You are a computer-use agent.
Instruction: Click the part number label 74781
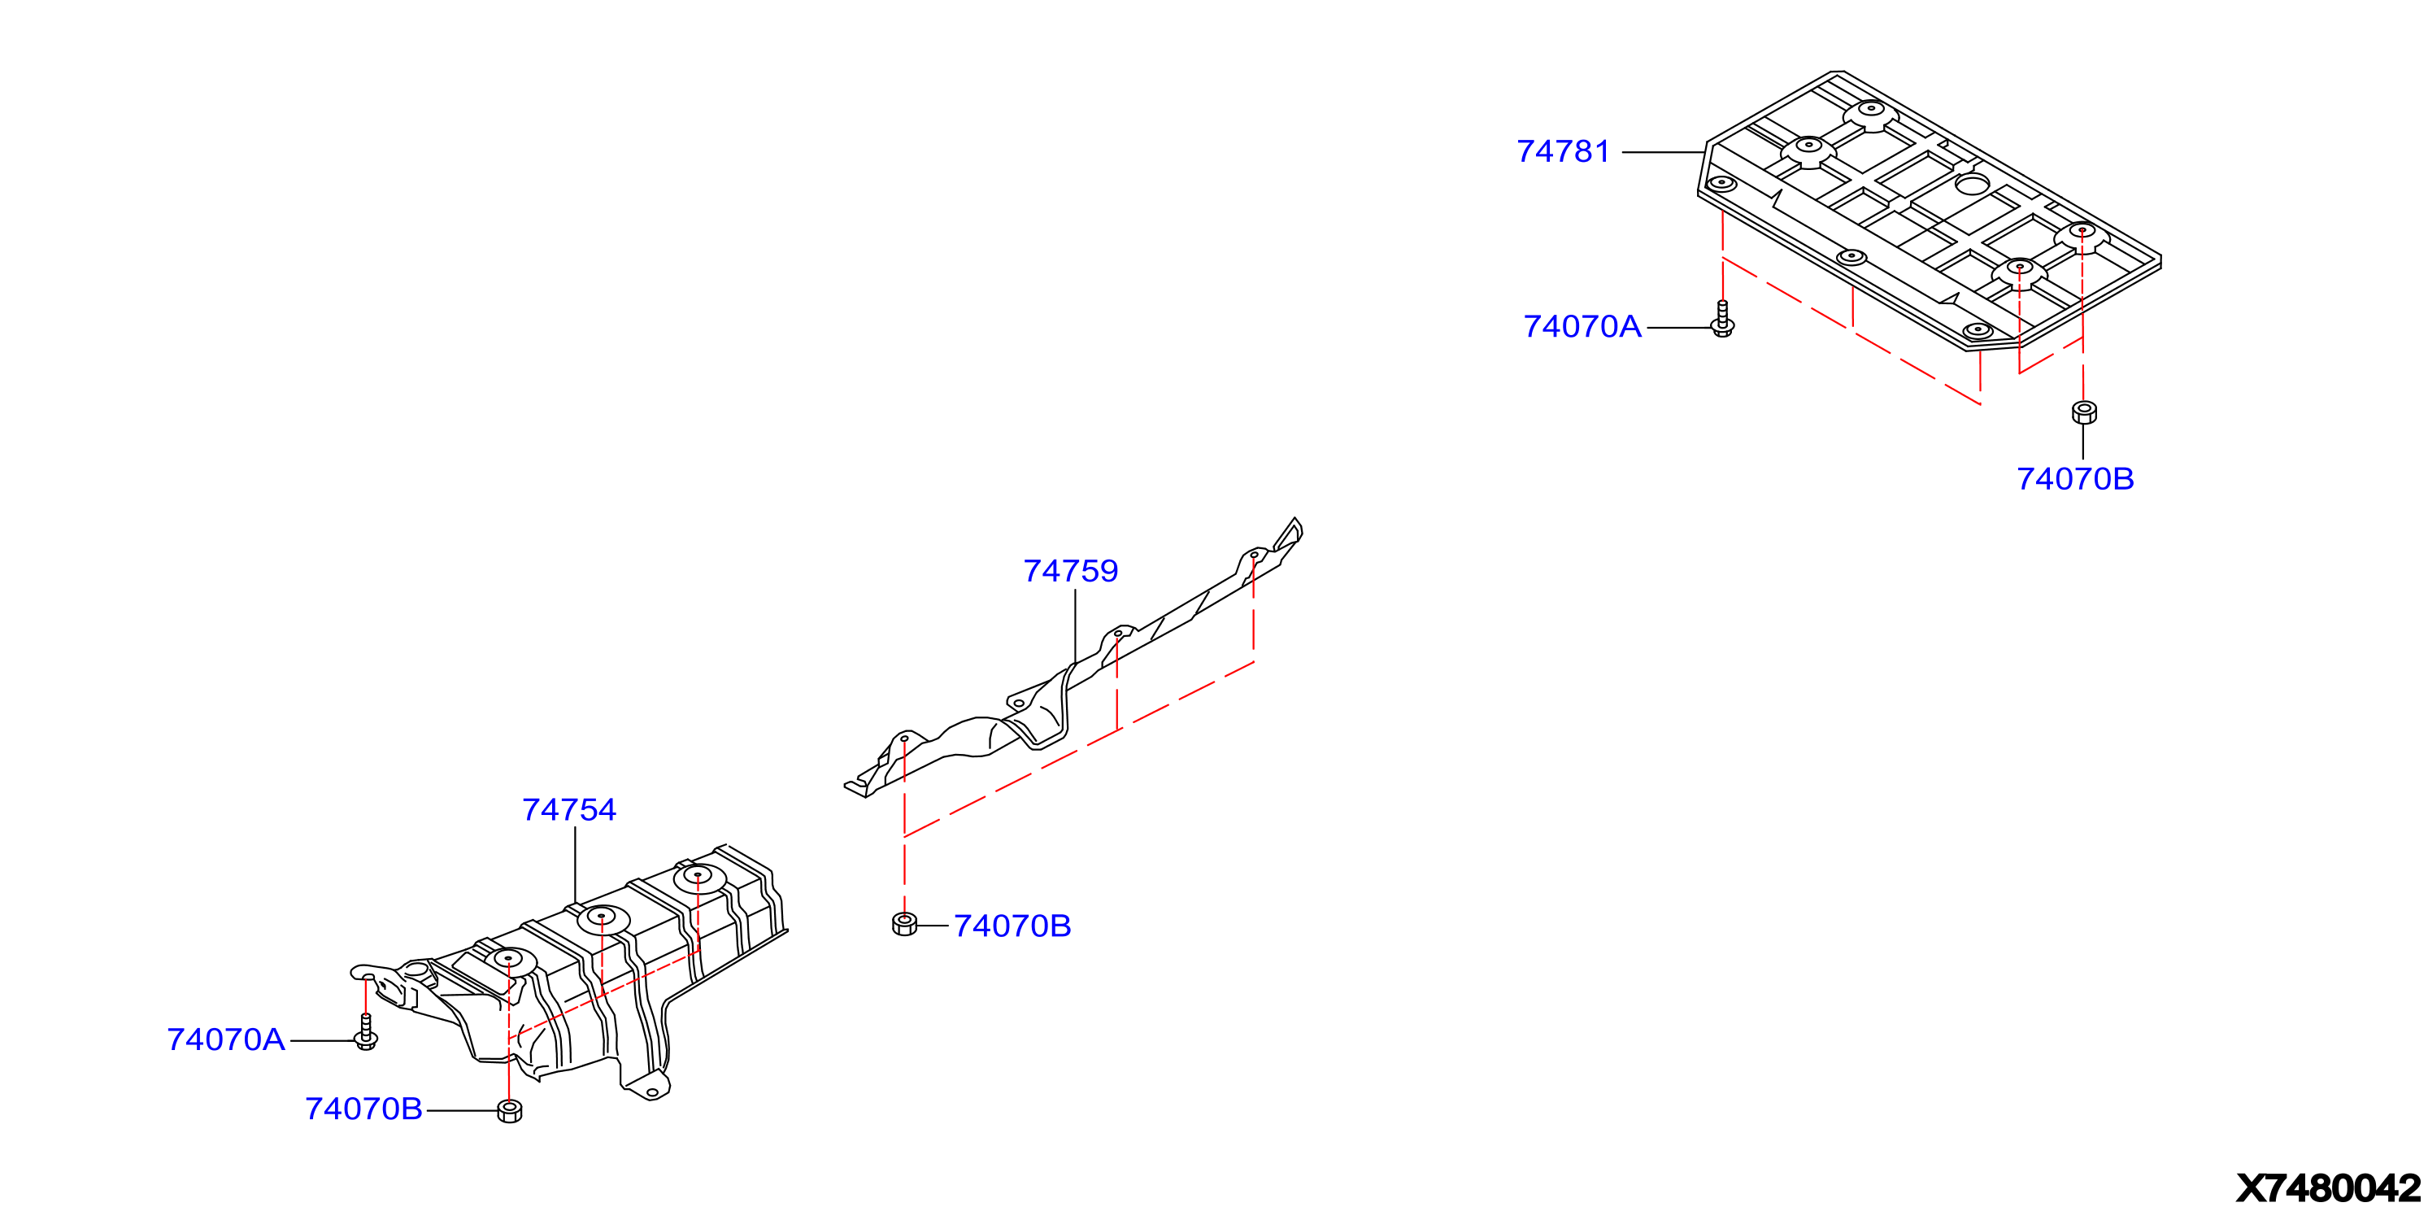click(1563, 152)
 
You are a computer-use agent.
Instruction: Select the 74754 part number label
click(568, 810)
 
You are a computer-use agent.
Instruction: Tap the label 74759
click(1070, 572)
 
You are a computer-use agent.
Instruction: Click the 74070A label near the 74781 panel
click(1582, 327)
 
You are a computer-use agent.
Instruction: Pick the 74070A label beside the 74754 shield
click(225, 1040)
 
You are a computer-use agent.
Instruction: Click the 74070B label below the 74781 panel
click(2074, 480)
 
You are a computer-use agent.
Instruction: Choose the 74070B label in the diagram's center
click(1012, 927)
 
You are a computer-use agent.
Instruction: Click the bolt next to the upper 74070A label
click(1722, 320)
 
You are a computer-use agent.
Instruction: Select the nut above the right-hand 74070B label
click(2083, 412)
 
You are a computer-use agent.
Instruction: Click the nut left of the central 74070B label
click(904, 924)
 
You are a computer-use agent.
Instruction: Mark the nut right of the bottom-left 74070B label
click(509, 1111)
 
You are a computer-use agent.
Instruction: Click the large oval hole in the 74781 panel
click(1972, 185)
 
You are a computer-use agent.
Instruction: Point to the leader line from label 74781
click(1664, 152)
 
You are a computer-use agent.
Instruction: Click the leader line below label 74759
click(1074, 627)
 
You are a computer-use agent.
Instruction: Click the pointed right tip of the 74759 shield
click(1296, 519)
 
